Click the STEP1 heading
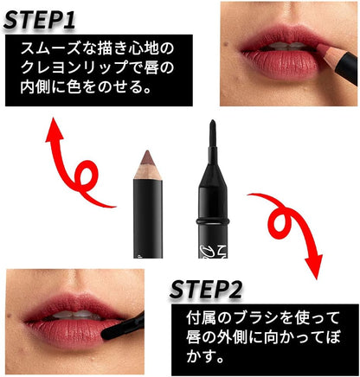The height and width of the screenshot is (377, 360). pyautogui.click(x=39, y=20)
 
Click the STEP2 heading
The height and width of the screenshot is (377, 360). pyautogui.click(x=206, y=290)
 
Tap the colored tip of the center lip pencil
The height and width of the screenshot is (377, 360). pyautogui.click(x=147, y=157)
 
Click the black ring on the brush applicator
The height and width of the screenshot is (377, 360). pyautogui.click(x=213, y=221)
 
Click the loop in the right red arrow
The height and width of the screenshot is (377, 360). pyautogui.click(x=280, y=223)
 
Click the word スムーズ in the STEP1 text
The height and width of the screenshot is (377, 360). pyautogui.click(x=50, y=48)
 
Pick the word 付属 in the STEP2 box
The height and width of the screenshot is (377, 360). pyautogui.click(x=201, y=318)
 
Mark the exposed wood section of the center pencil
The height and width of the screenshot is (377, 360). pyautogui.click(x=147, y=172)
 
